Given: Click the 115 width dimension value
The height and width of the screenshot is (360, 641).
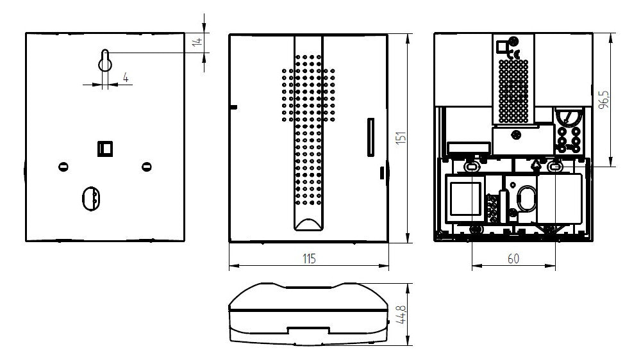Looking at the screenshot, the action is pos(309,259).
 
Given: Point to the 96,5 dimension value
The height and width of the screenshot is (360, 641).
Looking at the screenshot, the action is pos(603,100).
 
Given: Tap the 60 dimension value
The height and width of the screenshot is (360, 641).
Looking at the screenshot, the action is pos(513,259).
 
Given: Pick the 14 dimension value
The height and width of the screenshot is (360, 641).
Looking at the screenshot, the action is pos(197,41).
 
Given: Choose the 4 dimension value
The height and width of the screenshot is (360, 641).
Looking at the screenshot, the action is pos(126,78).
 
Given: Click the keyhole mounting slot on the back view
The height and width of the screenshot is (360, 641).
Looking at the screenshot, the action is pos(105,61).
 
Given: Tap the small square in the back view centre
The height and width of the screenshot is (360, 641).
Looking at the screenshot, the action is pos(105,149).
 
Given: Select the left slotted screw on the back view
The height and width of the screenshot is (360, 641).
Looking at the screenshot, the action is pos(63,167).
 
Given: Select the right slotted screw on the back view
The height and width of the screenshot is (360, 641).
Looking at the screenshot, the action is pos(147,167).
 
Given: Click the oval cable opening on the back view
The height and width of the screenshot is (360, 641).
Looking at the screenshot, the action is pos(91,199).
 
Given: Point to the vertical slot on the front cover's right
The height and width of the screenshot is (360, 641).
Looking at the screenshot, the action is pos(370,137).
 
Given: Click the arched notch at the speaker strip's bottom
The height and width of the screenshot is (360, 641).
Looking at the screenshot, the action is pos(309,224).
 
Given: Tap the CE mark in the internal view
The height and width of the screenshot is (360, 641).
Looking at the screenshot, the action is pos(515,53).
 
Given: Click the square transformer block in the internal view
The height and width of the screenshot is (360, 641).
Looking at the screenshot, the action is pos(465,199).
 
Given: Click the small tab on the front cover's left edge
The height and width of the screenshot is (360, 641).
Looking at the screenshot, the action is pos(233,108).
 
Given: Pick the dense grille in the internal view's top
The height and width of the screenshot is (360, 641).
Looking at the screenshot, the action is pos(513,92).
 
